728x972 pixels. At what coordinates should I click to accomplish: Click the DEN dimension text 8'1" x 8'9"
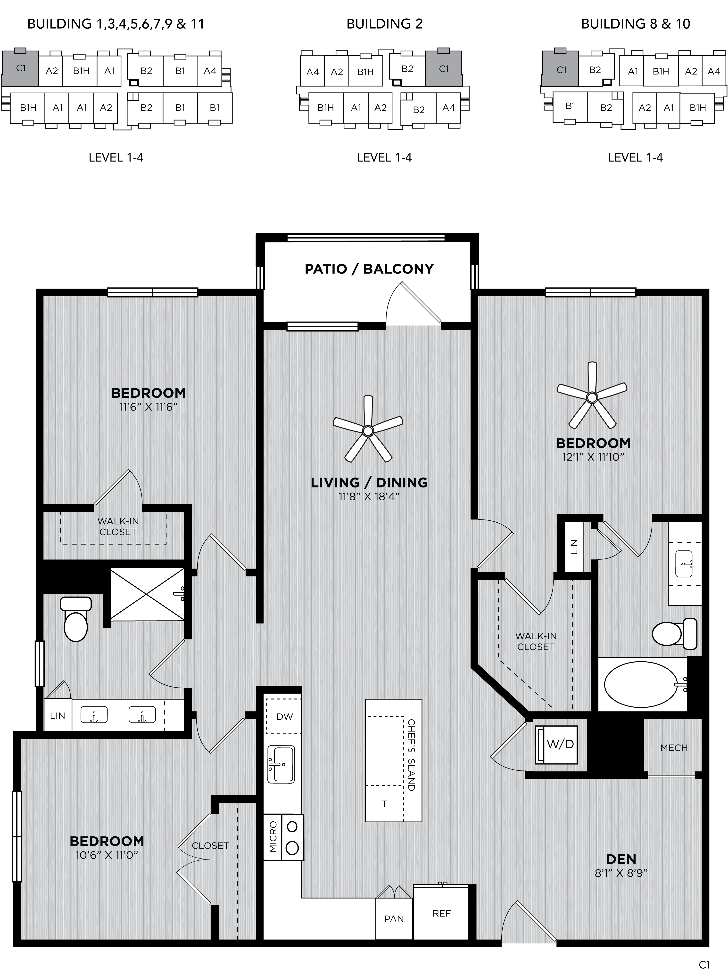(621, 873)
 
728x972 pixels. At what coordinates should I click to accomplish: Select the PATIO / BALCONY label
(369, 269)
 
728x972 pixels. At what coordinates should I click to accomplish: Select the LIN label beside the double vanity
(57, 716)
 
